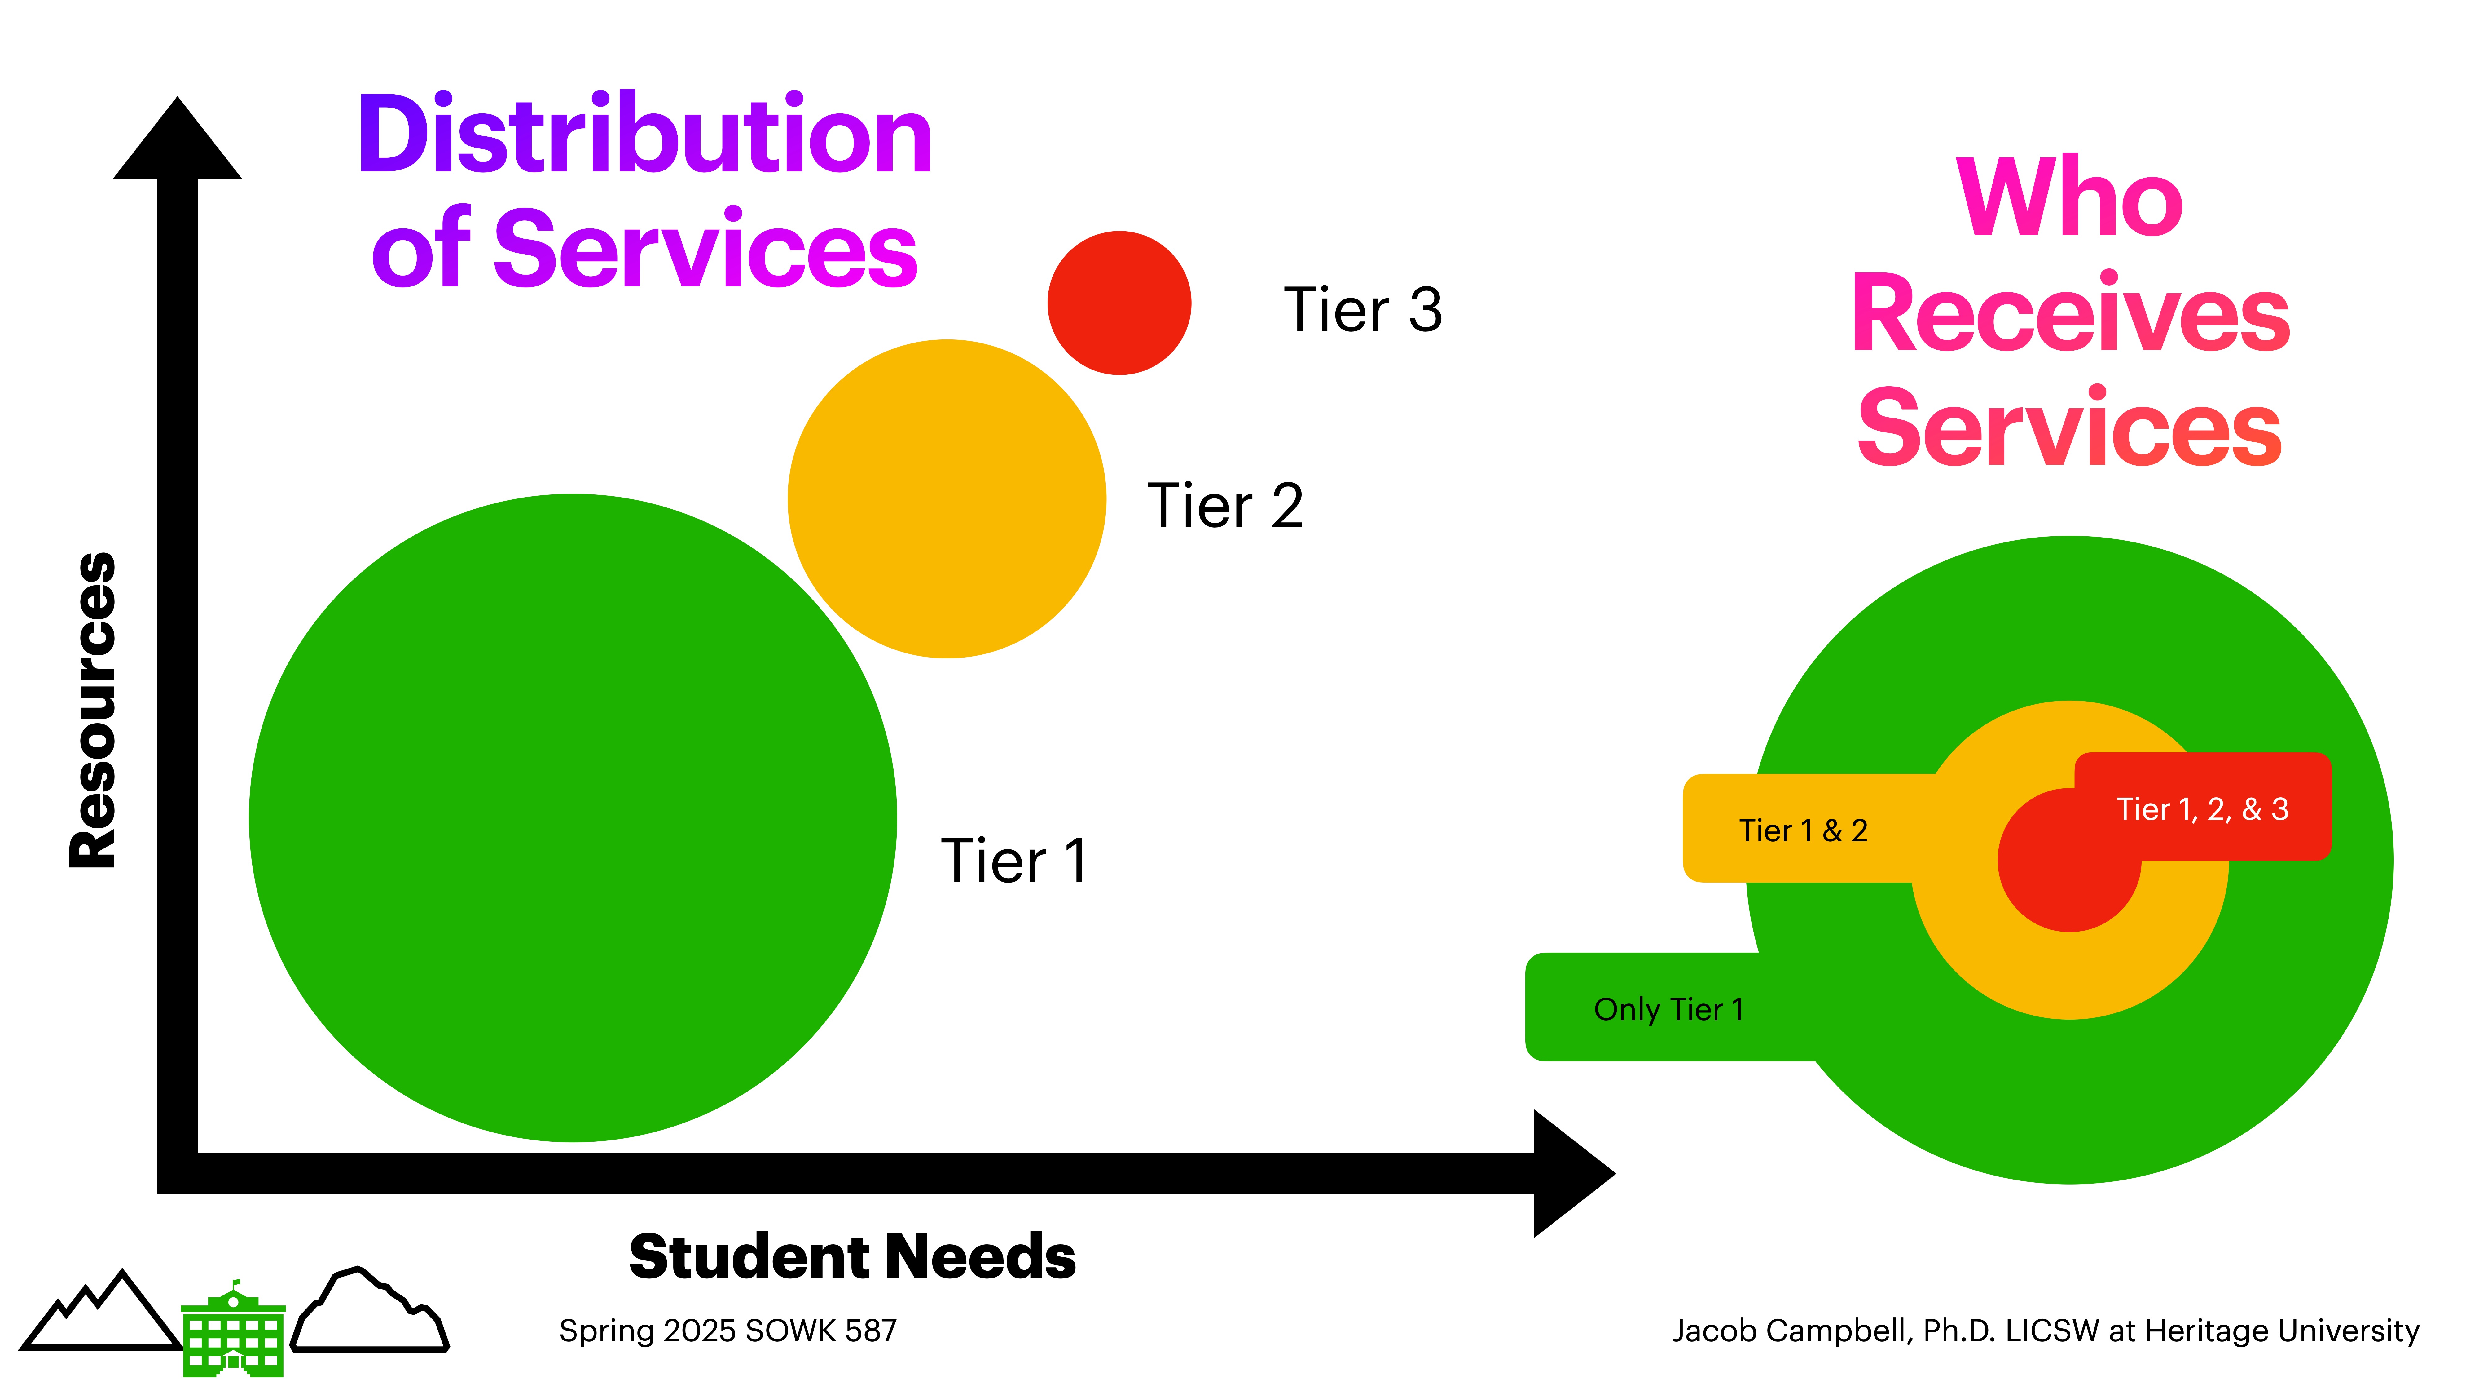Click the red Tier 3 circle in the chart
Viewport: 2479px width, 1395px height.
[x=1119, y=303]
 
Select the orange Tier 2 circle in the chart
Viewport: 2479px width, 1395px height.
[x=947, y=499]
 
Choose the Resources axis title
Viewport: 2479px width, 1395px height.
[x=93, y=711]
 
